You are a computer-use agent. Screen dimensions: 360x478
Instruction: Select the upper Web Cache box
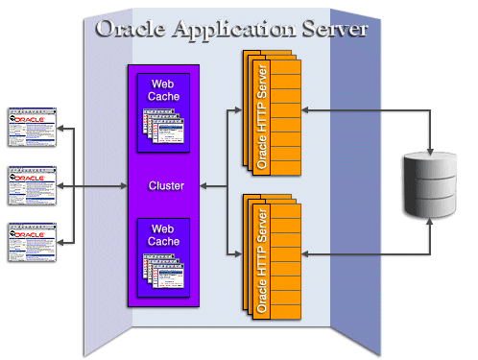point(163,111)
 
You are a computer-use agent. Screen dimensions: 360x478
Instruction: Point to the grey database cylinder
point(430,185)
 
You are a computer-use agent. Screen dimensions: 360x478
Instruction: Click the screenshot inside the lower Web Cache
point(164,273)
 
